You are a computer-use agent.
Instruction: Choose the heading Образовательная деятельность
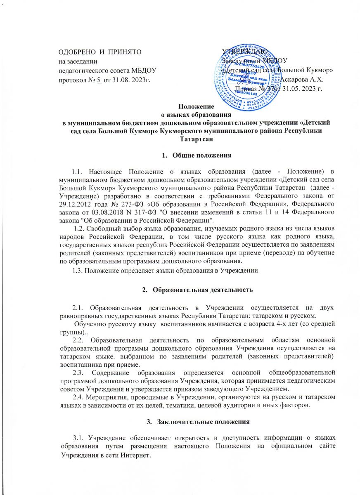coord(202,290)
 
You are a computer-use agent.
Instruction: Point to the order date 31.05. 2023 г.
coord(301,87)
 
